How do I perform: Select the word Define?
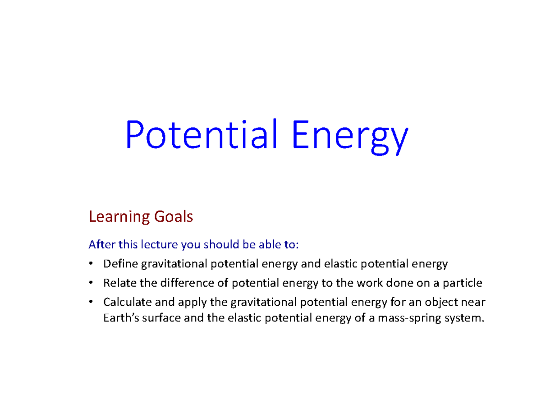120,264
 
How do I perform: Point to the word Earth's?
119,318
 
